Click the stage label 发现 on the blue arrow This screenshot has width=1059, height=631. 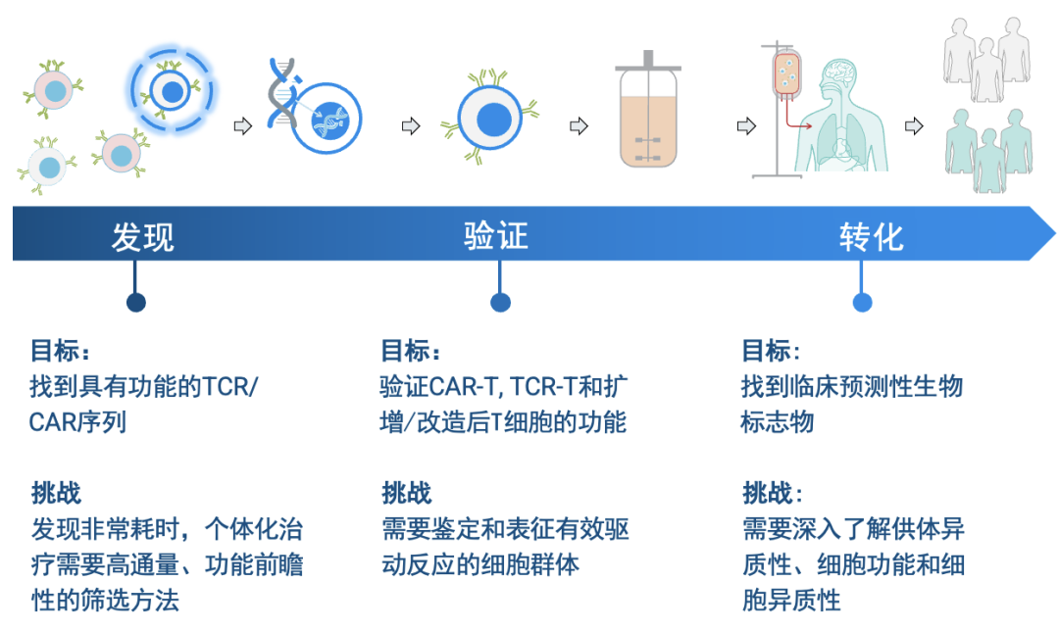142,237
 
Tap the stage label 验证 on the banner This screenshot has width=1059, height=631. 496,236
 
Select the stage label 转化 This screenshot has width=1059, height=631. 872,237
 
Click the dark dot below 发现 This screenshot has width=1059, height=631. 135,303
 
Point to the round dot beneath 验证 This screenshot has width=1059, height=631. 500,303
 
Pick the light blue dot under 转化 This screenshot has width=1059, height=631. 863,303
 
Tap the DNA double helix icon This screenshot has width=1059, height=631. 282,93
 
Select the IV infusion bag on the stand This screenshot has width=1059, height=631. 786,72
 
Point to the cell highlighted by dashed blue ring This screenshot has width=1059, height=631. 172,91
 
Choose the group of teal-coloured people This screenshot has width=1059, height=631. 987,150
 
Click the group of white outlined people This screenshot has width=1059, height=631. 986,60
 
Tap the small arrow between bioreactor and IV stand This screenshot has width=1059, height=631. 746,126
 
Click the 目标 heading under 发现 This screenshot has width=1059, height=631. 60,351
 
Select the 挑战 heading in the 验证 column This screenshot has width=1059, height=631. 406,493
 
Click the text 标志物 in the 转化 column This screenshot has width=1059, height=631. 778,421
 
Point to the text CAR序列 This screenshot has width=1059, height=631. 77,421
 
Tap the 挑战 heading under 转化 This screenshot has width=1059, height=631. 772,493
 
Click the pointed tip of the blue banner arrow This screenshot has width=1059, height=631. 1054,233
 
